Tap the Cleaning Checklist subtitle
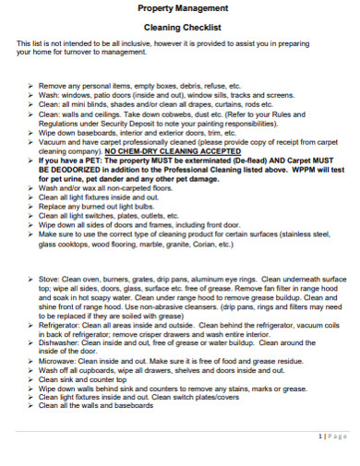[181, 28]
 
